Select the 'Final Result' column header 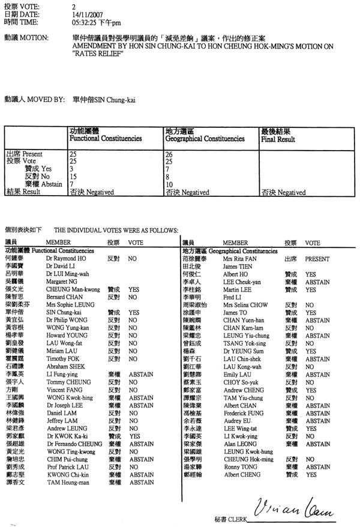point(277,139)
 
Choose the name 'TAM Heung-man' point(65,482)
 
